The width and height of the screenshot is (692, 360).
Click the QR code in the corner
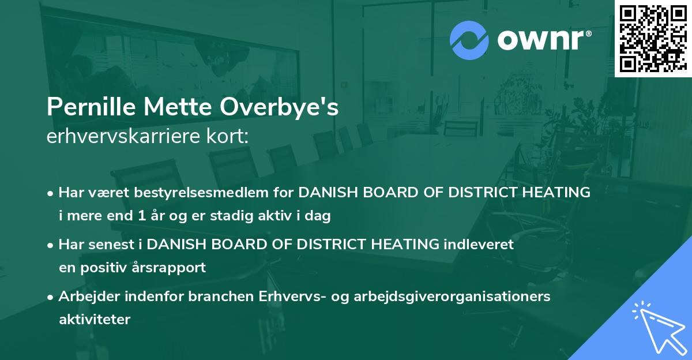(x=653, y=38)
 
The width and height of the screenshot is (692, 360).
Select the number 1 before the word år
(x=142, y=216)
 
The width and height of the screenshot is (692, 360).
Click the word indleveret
(x=479, y=244)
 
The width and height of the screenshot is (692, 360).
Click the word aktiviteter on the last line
(x=95, y=320)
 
